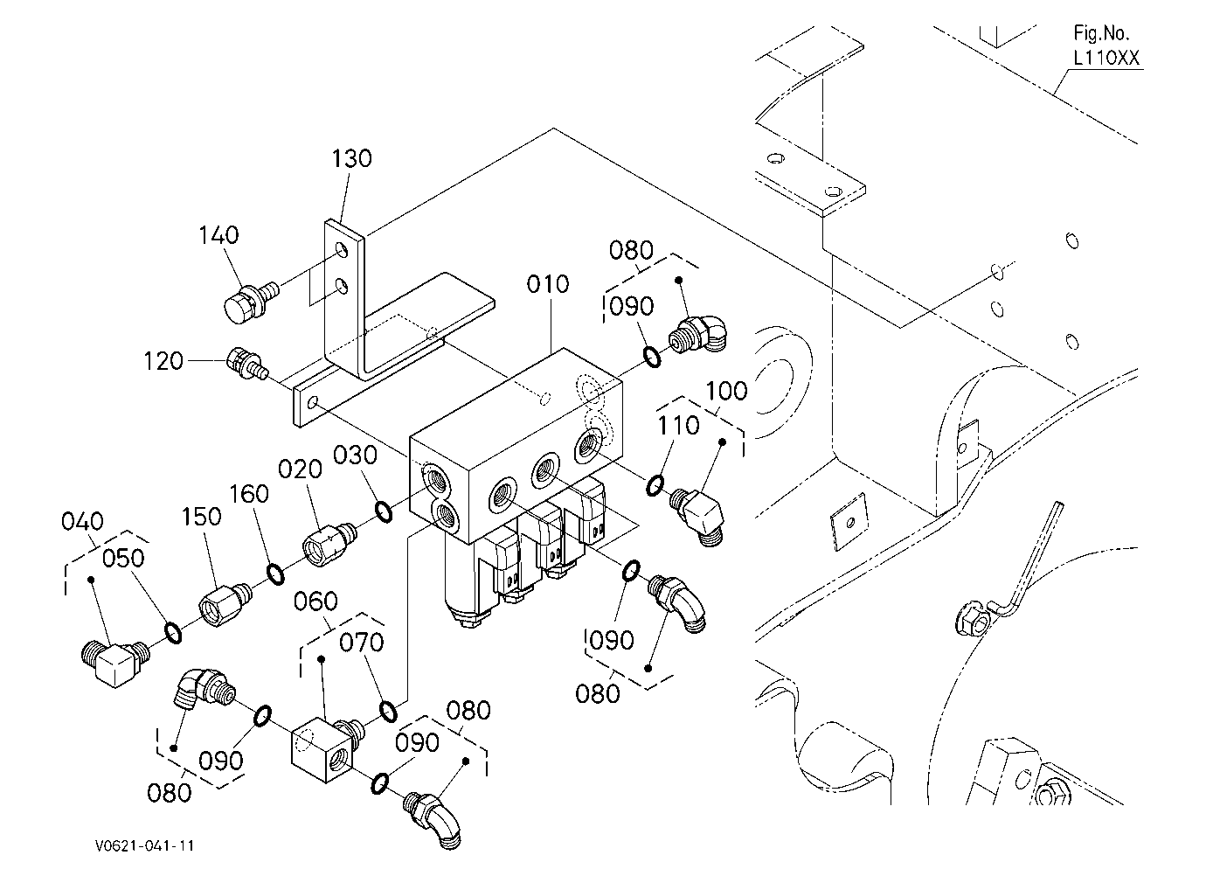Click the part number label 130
pos(351,159)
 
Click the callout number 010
pos(548,284)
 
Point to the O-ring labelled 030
pos(384,511)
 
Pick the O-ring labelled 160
pos(275,574)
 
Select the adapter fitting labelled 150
pos(226,604)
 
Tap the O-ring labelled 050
pos(173,633)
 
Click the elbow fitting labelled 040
pos(115,663)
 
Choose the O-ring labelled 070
pos(388,711)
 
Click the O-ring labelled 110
pos(655,486)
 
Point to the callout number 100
pos(726,391)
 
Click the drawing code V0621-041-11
pos(145,845)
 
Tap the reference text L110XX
pos(1106,58)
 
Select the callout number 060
pos(315,601)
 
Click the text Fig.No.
pos(1101,33)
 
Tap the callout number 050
pos(123,558)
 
